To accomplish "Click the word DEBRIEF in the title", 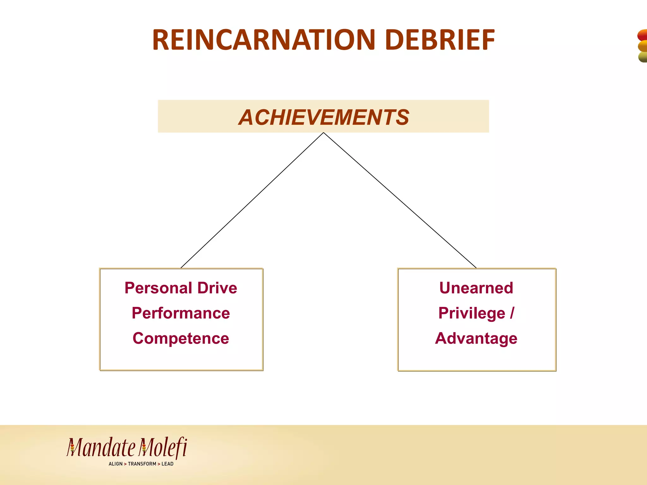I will click(440, 40).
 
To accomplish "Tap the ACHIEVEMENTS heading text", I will click(323, 117).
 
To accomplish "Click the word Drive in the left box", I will click(217, 288).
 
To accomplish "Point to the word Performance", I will click(181, 313).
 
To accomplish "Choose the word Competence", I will click(181, 338).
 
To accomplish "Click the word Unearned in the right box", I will click(476, 288).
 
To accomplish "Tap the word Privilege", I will click(472, 313).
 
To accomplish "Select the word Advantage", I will click(476, 338).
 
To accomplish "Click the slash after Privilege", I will click(512, 313).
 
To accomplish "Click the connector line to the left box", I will click(252, 201).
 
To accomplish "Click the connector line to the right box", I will click(400, 201).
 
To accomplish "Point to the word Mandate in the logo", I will click(101, 448).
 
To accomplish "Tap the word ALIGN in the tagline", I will click(115, 464).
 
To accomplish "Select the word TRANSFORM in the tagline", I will click(142, 464).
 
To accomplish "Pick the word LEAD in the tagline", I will click(167, 464).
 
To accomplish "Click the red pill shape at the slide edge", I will click(643, 35).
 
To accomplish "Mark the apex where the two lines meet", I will click(323, 133).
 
